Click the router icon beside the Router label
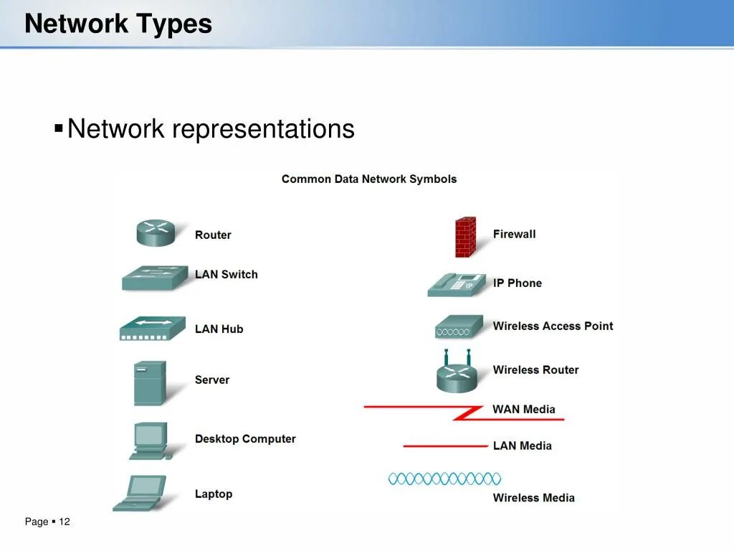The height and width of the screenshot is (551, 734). point(156,232)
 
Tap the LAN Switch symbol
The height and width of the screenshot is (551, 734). point(156,278)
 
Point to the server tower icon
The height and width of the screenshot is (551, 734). point(149,382)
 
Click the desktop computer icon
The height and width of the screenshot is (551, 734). point(150,441)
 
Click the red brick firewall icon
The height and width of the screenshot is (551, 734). point(465,237)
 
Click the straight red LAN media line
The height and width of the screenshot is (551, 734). point(445,446)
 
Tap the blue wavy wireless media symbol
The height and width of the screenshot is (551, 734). point(444,479)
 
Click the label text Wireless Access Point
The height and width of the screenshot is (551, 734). point(553,326)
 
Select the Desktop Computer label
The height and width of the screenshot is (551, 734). point(245,439)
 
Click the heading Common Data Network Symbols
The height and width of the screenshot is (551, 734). point(368,179)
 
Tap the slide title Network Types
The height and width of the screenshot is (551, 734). point(118,24)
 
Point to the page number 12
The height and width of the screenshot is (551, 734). point(65,522)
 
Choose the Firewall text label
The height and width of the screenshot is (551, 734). point(514,234)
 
